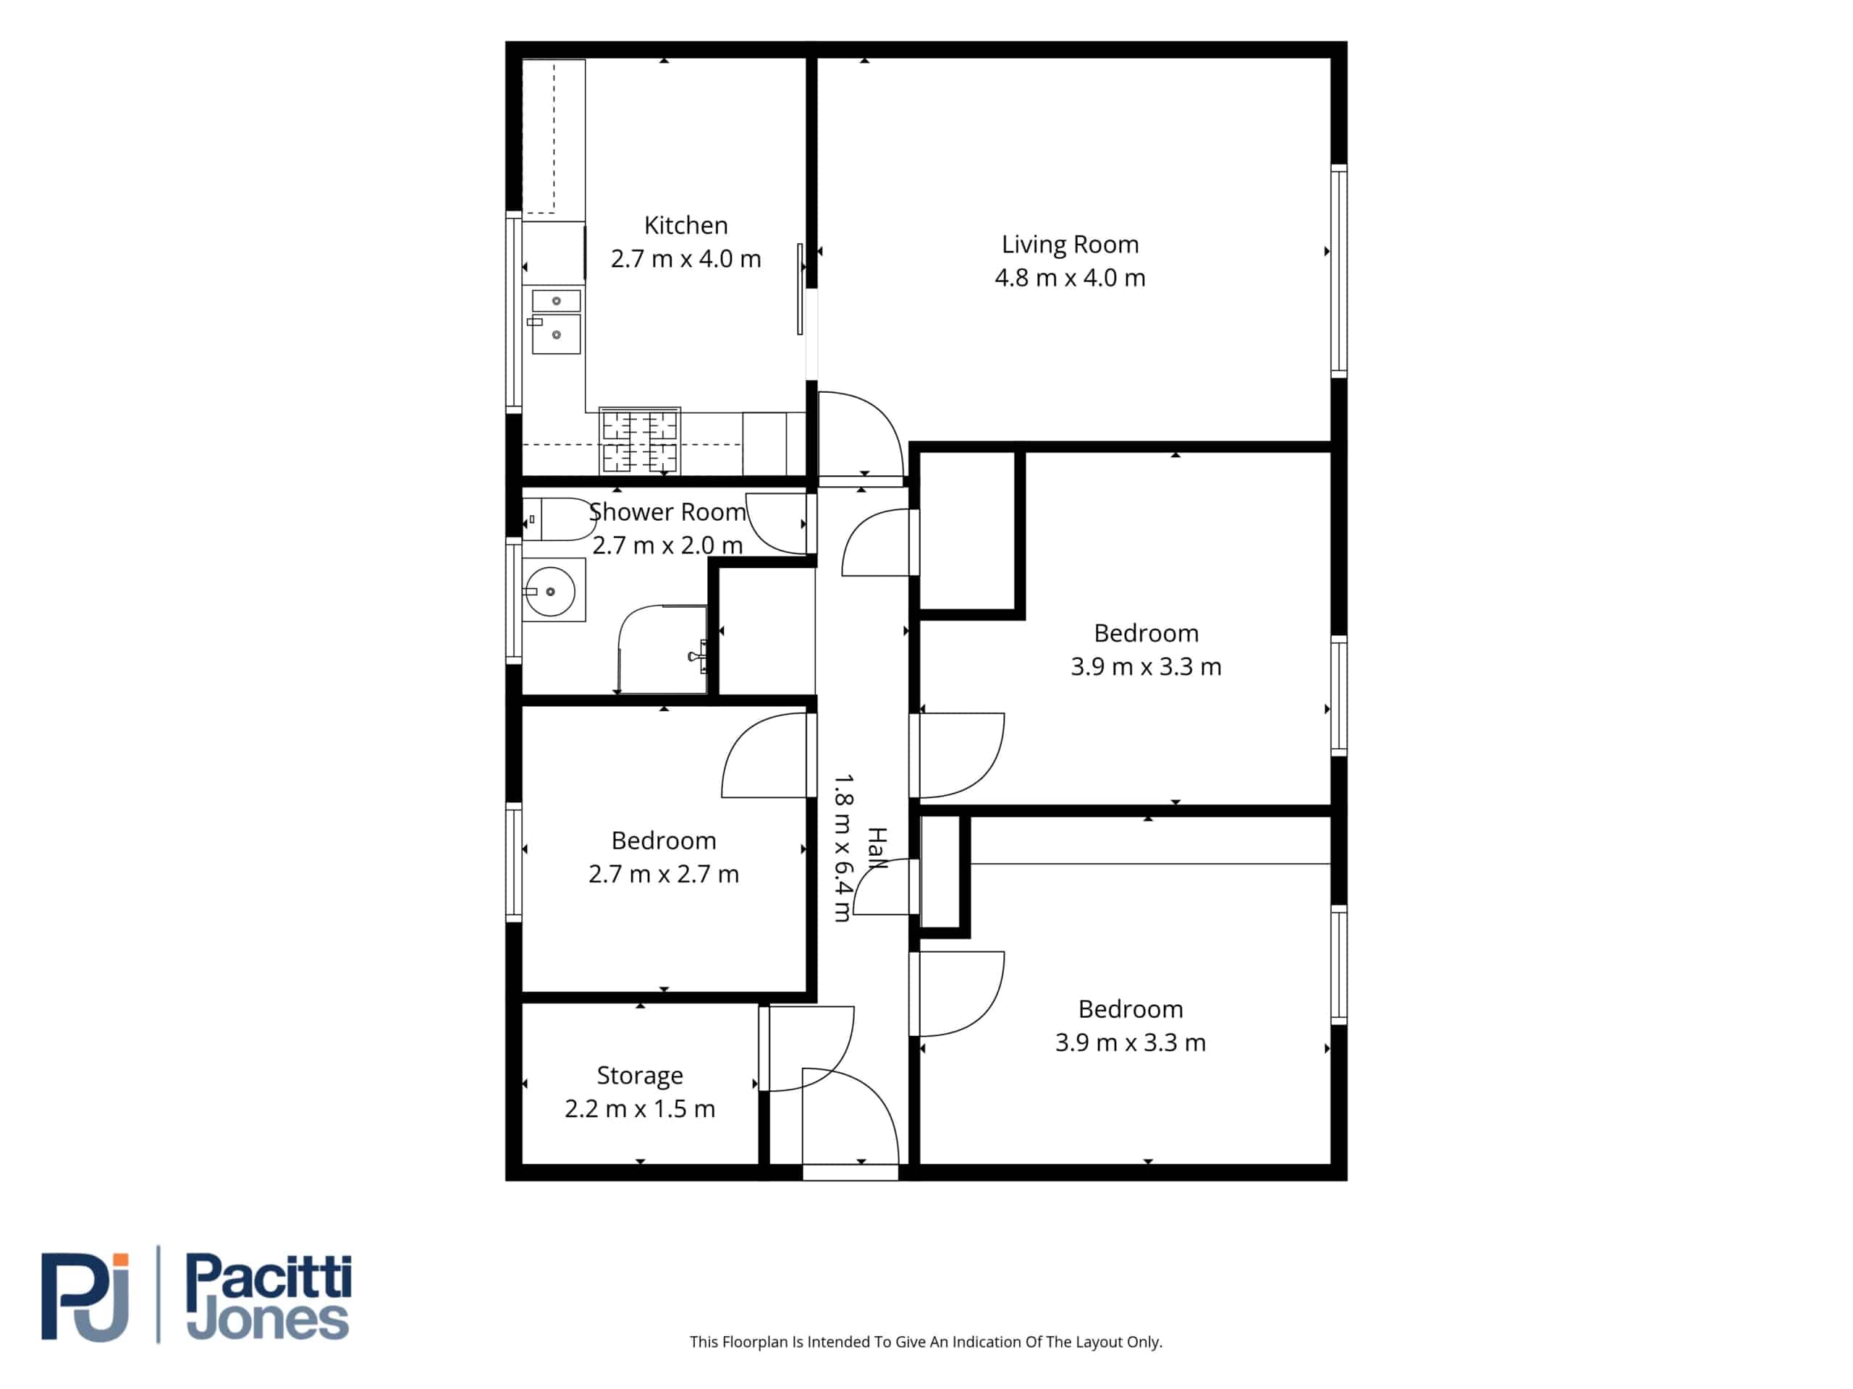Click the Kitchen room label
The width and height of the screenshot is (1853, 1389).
685,225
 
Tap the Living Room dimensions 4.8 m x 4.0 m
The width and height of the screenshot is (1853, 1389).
1070,277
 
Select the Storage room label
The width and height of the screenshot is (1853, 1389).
639,1076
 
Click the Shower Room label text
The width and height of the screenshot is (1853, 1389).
667,511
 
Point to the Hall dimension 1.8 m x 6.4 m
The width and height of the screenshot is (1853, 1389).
843,847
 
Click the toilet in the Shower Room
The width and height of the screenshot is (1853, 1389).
557,519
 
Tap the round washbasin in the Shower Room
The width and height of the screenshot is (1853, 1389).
550,591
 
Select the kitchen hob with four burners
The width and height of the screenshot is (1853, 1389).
640,441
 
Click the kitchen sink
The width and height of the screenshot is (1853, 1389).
555,321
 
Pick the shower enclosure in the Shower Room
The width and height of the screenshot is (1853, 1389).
662,649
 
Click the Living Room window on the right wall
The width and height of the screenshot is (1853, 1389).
1338,270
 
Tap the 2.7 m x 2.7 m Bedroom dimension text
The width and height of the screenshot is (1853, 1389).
664,874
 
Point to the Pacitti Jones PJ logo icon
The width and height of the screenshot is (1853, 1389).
85,1297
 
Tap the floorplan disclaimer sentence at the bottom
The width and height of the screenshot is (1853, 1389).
926,1341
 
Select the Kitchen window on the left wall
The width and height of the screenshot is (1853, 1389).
513,312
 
